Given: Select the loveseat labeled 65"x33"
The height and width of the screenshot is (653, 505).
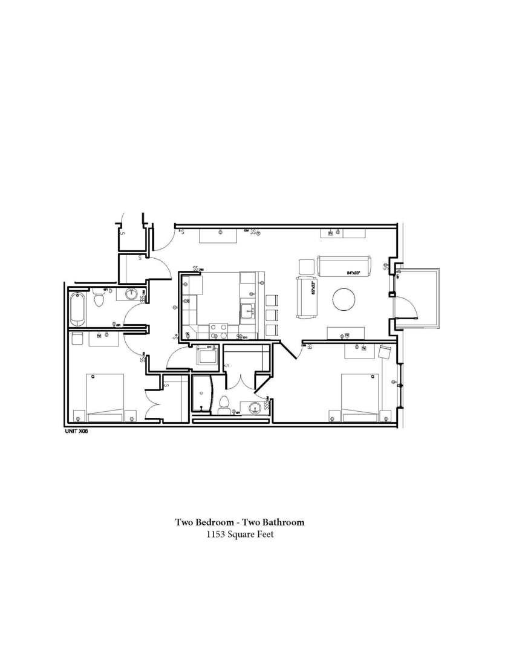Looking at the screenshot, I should (305, 296).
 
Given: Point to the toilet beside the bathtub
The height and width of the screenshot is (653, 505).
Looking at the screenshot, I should (99, 299).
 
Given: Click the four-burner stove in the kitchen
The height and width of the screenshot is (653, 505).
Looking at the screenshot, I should (218, 331).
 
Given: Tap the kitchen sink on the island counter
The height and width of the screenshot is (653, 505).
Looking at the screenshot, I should (248, 311).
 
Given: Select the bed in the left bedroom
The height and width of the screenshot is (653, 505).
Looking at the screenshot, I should (105, 398).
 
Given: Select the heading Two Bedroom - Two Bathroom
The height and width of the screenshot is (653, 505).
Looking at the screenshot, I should (239, 522).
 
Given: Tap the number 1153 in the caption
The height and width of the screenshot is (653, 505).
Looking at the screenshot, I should (216, 534).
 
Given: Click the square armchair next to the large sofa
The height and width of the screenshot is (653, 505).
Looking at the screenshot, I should (307, 267).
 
